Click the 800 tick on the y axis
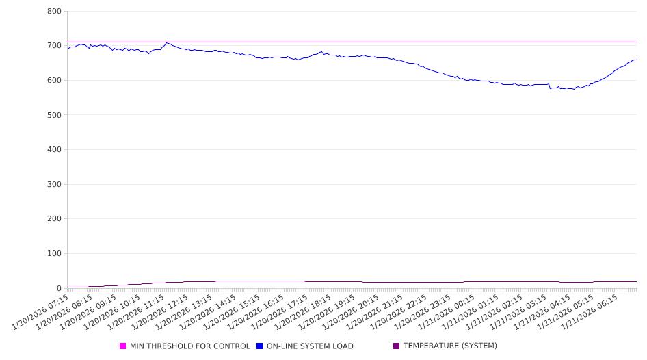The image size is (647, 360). point(55,12)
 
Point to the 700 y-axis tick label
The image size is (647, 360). point(55,46)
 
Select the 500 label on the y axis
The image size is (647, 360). point(55,115)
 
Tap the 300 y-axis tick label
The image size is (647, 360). point(55,185)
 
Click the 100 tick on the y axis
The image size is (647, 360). point(55,254)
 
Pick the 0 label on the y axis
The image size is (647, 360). point(60,288)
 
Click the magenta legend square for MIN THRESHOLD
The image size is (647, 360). point(123,346)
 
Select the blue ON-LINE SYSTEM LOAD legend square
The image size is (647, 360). point(260,346)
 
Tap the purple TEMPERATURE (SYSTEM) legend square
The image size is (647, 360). point(397,346)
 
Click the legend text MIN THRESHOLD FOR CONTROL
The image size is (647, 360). point(189,346)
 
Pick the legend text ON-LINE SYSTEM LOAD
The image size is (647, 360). point(310,346)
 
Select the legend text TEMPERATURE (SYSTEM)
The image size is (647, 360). point(450,346)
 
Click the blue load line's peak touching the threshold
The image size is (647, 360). point(166,43)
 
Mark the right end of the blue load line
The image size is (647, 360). point(636,60)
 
